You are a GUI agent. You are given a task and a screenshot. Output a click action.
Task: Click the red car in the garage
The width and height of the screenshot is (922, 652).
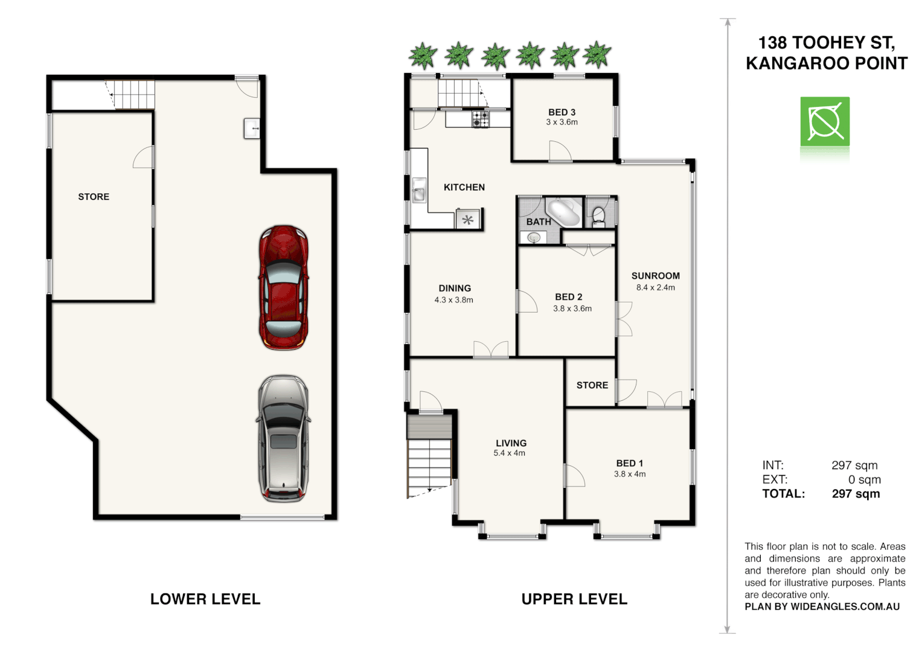coord(283,287)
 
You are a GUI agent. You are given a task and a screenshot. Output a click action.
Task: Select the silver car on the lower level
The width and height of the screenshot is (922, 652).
coord(283,439)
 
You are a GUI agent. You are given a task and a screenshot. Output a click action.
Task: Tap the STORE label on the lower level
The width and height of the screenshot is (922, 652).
coord(94,197)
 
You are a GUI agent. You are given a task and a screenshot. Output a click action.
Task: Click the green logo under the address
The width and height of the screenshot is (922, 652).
coord(825,122)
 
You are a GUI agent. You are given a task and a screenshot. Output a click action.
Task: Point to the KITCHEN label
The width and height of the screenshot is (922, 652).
coord(464,187)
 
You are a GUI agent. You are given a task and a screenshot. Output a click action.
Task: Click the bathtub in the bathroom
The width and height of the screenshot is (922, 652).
coord(563,211)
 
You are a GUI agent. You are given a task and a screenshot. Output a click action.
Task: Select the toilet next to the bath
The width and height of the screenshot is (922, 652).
coord(598,216)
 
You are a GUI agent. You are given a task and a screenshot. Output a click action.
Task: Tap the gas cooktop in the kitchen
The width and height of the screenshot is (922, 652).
coord(481,119)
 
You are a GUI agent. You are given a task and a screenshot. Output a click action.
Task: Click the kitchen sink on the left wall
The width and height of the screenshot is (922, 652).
coord(418,190)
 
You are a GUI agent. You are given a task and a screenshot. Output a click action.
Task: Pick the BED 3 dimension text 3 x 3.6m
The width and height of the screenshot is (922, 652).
coord(562,122)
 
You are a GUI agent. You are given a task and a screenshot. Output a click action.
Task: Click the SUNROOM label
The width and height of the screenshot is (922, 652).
coord(655,276)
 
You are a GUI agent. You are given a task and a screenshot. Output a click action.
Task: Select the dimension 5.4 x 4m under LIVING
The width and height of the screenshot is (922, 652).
coord(509,453)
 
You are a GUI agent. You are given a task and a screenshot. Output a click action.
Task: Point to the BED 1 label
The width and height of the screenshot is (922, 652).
coord(629,463)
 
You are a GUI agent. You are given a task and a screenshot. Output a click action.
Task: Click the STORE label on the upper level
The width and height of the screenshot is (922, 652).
coord(592,385)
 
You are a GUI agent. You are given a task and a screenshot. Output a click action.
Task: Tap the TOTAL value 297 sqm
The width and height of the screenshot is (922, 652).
coord(856,494)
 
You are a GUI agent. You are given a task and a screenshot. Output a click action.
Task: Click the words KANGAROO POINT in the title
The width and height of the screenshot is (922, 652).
coord(826,63)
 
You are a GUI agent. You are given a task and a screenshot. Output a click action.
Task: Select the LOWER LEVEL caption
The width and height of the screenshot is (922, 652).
coord(205,599)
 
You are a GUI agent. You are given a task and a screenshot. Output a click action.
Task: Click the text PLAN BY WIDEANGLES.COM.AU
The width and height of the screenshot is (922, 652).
coord(822,607)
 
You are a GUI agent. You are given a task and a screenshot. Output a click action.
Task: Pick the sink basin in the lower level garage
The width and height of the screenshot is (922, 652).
coord(252,129)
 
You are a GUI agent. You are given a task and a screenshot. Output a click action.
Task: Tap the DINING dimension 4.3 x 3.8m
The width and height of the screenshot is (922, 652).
coord(453,300)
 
